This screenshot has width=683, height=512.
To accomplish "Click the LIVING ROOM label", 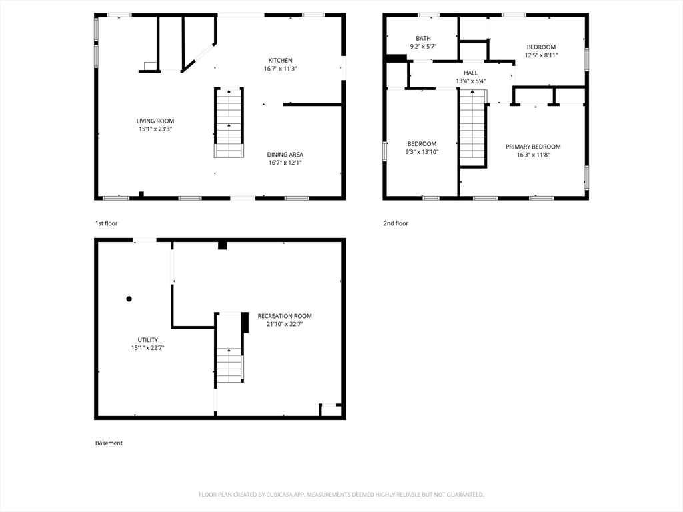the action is tap(155, 121).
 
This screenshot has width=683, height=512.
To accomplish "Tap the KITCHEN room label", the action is tap(281, 61).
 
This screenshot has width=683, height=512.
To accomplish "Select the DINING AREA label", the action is tap(285, 155).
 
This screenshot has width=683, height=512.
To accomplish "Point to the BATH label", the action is tap(423, 38).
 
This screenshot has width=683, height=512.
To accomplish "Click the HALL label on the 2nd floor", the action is tap(470, 73).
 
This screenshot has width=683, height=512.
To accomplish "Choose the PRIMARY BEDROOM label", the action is tap(533, 147).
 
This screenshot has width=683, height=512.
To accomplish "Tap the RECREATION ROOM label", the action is tap(285, 316).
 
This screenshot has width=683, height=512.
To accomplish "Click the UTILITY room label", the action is tap(148, 340).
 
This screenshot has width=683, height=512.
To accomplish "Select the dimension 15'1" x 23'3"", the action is tap(155, 129).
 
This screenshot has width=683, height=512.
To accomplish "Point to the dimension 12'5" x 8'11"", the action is tap(542, 55).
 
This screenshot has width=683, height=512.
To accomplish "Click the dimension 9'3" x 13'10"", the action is tap(422, 152).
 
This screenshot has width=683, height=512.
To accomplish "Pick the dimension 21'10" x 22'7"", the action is tap(285, 325).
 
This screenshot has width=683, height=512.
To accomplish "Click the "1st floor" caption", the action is tap(107, 223).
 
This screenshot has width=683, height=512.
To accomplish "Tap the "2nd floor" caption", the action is tap(396, 223).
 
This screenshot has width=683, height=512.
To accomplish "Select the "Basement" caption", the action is tap(109, 443).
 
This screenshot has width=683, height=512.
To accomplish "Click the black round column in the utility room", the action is tap(129, 299).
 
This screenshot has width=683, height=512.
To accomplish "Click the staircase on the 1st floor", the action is tap(229, 123).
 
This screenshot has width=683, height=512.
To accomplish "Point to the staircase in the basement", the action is tap(229, 348).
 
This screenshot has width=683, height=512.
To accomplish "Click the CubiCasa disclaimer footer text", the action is tap(341, 495).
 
